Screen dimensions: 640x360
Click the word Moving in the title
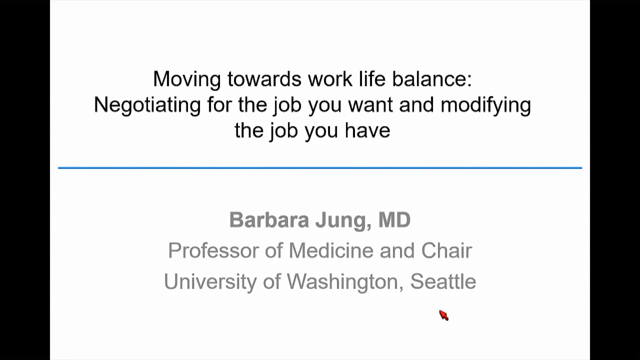coord(187,79)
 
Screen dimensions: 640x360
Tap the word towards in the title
coord(264,79)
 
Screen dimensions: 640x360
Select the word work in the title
coord(330,79)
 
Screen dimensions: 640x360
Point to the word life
coord(372,78)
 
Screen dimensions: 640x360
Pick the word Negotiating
coord(147,105)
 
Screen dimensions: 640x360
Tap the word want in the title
coord(370,105)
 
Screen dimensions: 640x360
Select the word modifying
coord(485,105)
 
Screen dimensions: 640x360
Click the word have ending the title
coord(367,130)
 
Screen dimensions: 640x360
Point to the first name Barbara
coord(269,220)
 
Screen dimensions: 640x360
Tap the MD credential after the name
coord(394,220)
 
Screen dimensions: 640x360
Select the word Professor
coord(213,250)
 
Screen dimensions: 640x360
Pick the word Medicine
coord(331,250)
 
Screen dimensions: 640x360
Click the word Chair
coord(446,250)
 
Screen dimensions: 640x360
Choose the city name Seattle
coord(443,281)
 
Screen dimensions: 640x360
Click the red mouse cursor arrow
coord(443,315)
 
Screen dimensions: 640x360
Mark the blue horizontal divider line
coord(320,168)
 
